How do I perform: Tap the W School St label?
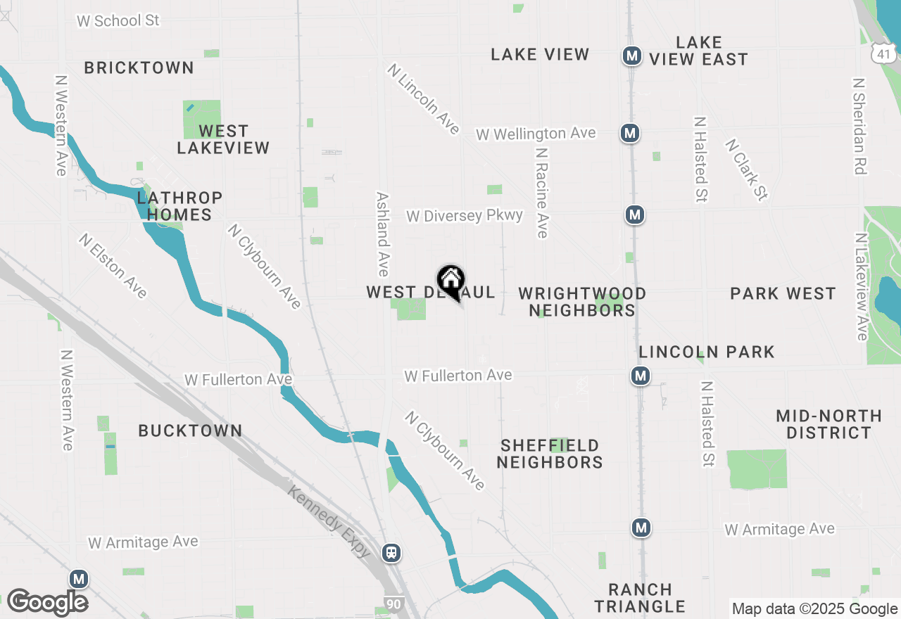[118, 20]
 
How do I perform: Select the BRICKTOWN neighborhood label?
[139, 68]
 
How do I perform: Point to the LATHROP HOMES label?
[179, 206]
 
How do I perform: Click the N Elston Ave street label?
[113, 266]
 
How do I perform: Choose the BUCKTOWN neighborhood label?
[190, 430]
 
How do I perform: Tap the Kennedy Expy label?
[329, 520]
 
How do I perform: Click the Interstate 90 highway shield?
[395, 603]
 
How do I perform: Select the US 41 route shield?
[884, 53]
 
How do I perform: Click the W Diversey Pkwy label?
[465, 215]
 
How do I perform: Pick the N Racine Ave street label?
[541, 192]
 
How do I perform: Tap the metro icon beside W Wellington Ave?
[630, 132]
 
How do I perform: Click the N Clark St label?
[746, 170]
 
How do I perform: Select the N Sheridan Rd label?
[859, 126]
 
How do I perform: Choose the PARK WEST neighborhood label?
[783, 293]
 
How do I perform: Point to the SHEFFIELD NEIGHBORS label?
[550, 454]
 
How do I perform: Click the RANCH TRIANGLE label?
[640, 598]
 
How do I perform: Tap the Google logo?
[48, 602]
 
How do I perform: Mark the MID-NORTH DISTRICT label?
[828, 424]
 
